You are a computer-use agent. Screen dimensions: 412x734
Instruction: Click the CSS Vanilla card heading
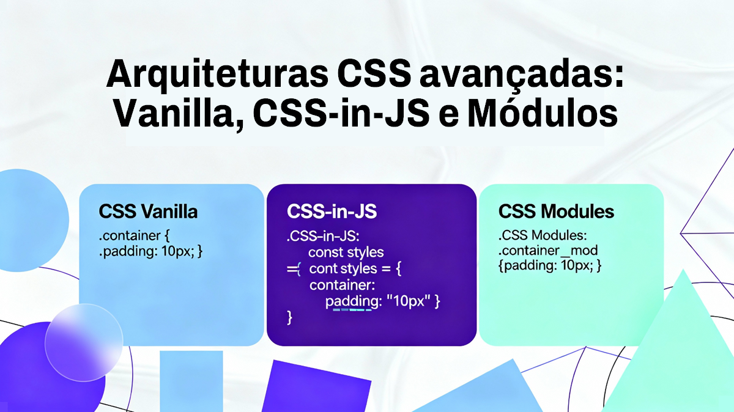coord(148,212)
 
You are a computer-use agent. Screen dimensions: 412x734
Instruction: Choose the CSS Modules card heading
coord(556,212)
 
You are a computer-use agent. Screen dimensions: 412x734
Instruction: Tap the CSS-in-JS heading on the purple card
coord(332,212)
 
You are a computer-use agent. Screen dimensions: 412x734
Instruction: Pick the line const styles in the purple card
coord(346,252)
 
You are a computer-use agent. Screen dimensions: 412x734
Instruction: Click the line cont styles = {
coord(354,269)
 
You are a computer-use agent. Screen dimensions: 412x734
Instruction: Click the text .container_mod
coord(547,251)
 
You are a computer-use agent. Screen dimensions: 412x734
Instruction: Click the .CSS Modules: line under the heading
coord(543,235)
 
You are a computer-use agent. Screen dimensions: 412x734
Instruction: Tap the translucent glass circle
coord(83,343)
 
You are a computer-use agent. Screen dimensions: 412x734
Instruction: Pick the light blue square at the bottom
coord(191,382)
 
